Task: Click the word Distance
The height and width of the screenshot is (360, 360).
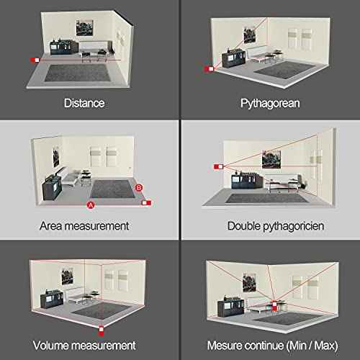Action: pos(84,103)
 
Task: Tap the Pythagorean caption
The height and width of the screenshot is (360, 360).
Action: pos(270,104)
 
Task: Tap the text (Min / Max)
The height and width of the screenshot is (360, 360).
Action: pos(312,346)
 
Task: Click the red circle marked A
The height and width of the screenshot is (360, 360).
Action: pos(91,205)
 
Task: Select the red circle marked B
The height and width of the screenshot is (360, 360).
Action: pos(139,188)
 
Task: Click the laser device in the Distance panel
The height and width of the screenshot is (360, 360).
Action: pos(35,60)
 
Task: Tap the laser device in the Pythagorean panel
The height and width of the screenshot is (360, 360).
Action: pos(209,69)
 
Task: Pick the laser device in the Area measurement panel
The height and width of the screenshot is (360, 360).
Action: pos(147,203)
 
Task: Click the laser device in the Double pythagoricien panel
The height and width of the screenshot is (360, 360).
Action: pos(219,166)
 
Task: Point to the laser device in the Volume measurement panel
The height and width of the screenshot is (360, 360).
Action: pos(102,330)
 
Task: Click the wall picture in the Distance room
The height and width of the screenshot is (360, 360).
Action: pos(84,28)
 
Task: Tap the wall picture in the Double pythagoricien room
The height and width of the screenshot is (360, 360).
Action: pos(271,160)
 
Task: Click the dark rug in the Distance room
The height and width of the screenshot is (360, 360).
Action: pos(77,73)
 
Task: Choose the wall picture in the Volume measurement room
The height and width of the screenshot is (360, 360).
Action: pos(68,276)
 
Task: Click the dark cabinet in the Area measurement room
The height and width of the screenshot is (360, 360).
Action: pos(52,187)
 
